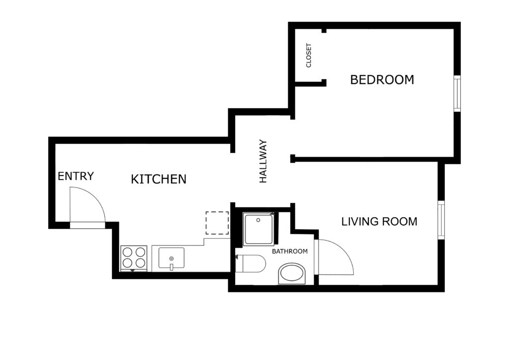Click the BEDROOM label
coord(382,80)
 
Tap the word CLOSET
coord(309,56)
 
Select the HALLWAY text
coord(263,161)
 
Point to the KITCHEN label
coord(159,179)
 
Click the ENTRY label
coord(76,176)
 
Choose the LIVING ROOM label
coord(379,222)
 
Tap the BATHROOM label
coord(290,252)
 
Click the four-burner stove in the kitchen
coord(134,259)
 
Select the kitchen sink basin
coord(171,258)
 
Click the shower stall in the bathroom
coord(258,229)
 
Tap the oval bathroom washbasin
coord(292,273)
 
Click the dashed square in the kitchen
coord(217,223)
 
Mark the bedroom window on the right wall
coord(457,93)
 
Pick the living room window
coord(441,220)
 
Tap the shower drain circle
coord(258,220)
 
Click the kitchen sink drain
coord(171,259)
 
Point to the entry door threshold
coord(87,226)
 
